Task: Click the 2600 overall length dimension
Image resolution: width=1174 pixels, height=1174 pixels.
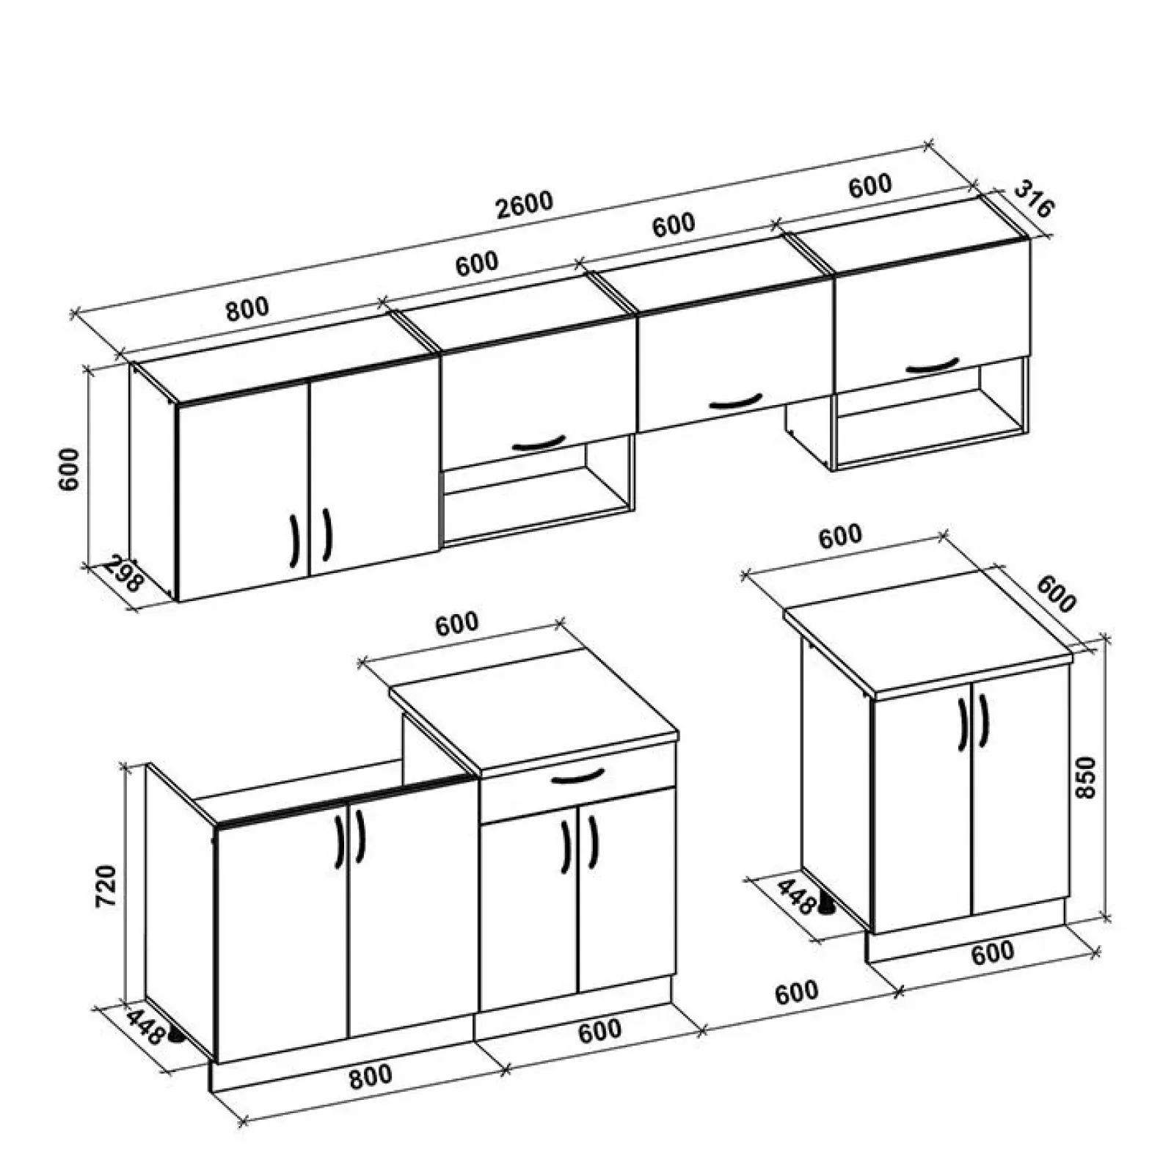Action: (524, 204)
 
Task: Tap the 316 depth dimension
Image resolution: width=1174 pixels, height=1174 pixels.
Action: (1033, 200)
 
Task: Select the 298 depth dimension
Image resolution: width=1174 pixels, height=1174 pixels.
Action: (121, 575)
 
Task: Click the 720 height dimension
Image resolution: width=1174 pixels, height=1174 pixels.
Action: (106, 886)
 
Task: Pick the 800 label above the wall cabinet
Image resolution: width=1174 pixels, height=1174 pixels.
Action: (247, 309)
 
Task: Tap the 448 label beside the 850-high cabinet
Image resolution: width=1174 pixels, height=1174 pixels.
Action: (795, 896)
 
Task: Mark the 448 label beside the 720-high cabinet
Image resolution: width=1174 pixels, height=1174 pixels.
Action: (145, 1028)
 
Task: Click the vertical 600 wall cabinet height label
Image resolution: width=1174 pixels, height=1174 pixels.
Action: (69, 469)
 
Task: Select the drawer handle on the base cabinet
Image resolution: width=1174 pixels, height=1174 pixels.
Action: (577, 776)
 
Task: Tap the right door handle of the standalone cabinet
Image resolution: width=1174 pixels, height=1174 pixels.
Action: (983, 721)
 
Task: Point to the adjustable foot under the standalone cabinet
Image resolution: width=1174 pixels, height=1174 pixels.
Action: (827, 907)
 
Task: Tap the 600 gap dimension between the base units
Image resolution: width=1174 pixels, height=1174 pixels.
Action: (795, 992)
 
